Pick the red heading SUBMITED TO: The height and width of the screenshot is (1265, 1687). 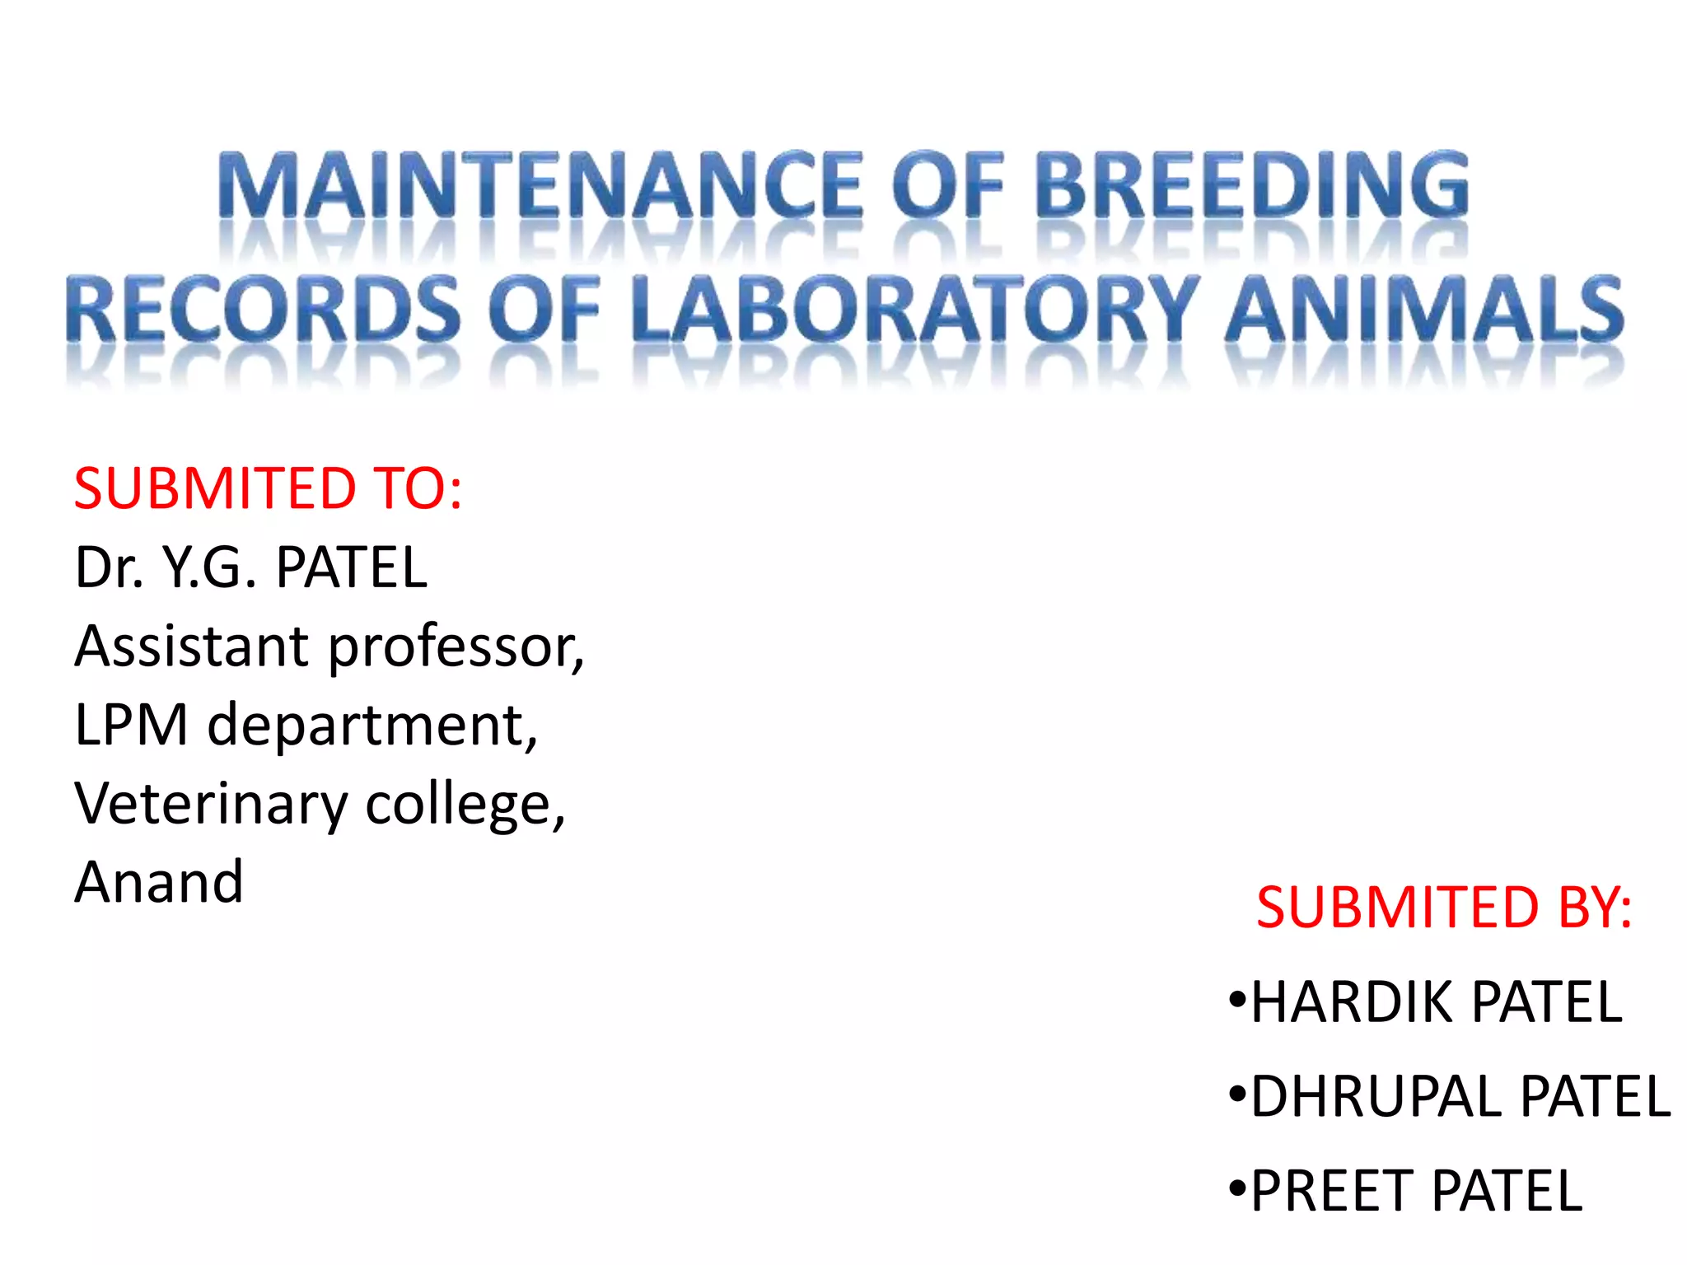click(268, 488)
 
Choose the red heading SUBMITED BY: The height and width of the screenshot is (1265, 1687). click(1443, 908)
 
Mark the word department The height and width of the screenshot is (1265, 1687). click(372, 726)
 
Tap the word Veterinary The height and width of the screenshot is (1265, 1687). click(211, 805)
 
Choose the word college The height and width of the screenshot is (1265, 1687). click(465, 805)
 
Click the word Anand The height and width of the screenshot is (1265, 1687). click(159, 882)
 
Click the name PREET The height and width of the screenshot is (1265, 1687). click(1333, 1191)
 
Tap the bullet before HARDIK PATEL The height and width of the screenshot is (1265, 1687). click(1236, 1001)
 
